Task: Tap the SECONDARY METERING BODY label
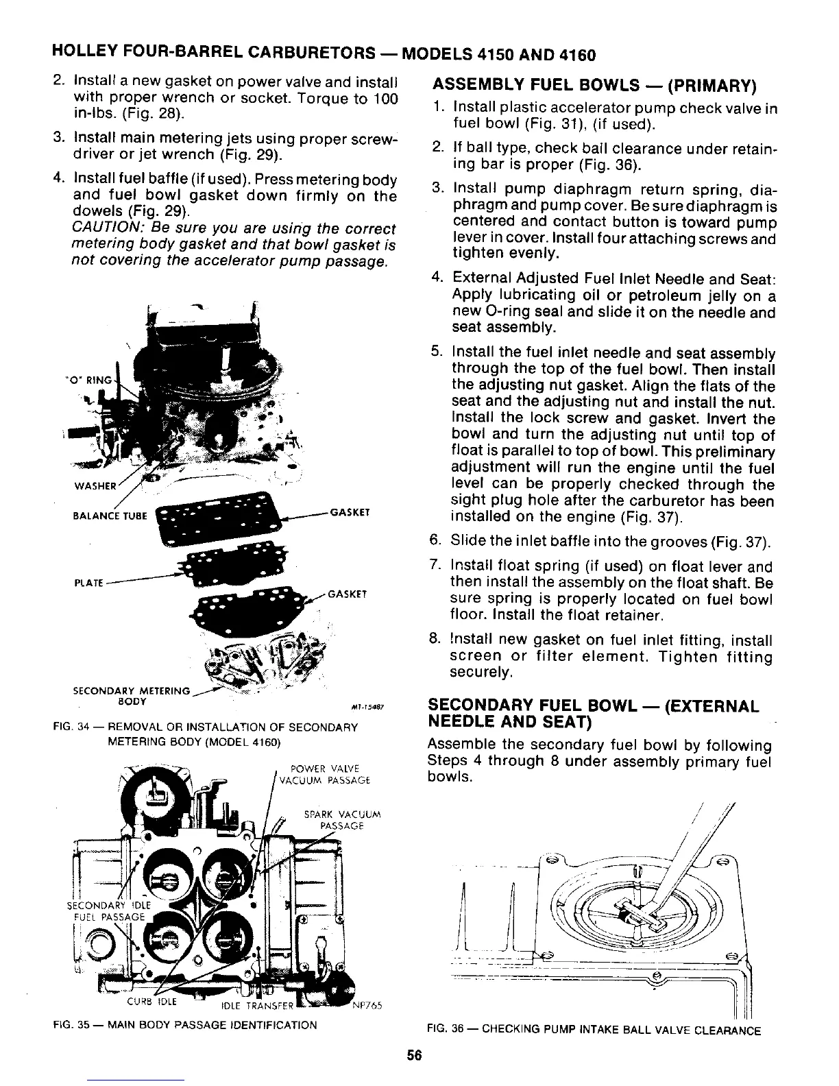pos(130,696)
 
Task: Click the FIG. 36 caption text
pos(593,1030)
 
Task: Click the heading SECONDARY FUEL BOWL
pos(593,713)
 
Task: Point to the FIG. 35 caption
pos(184,1026)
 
